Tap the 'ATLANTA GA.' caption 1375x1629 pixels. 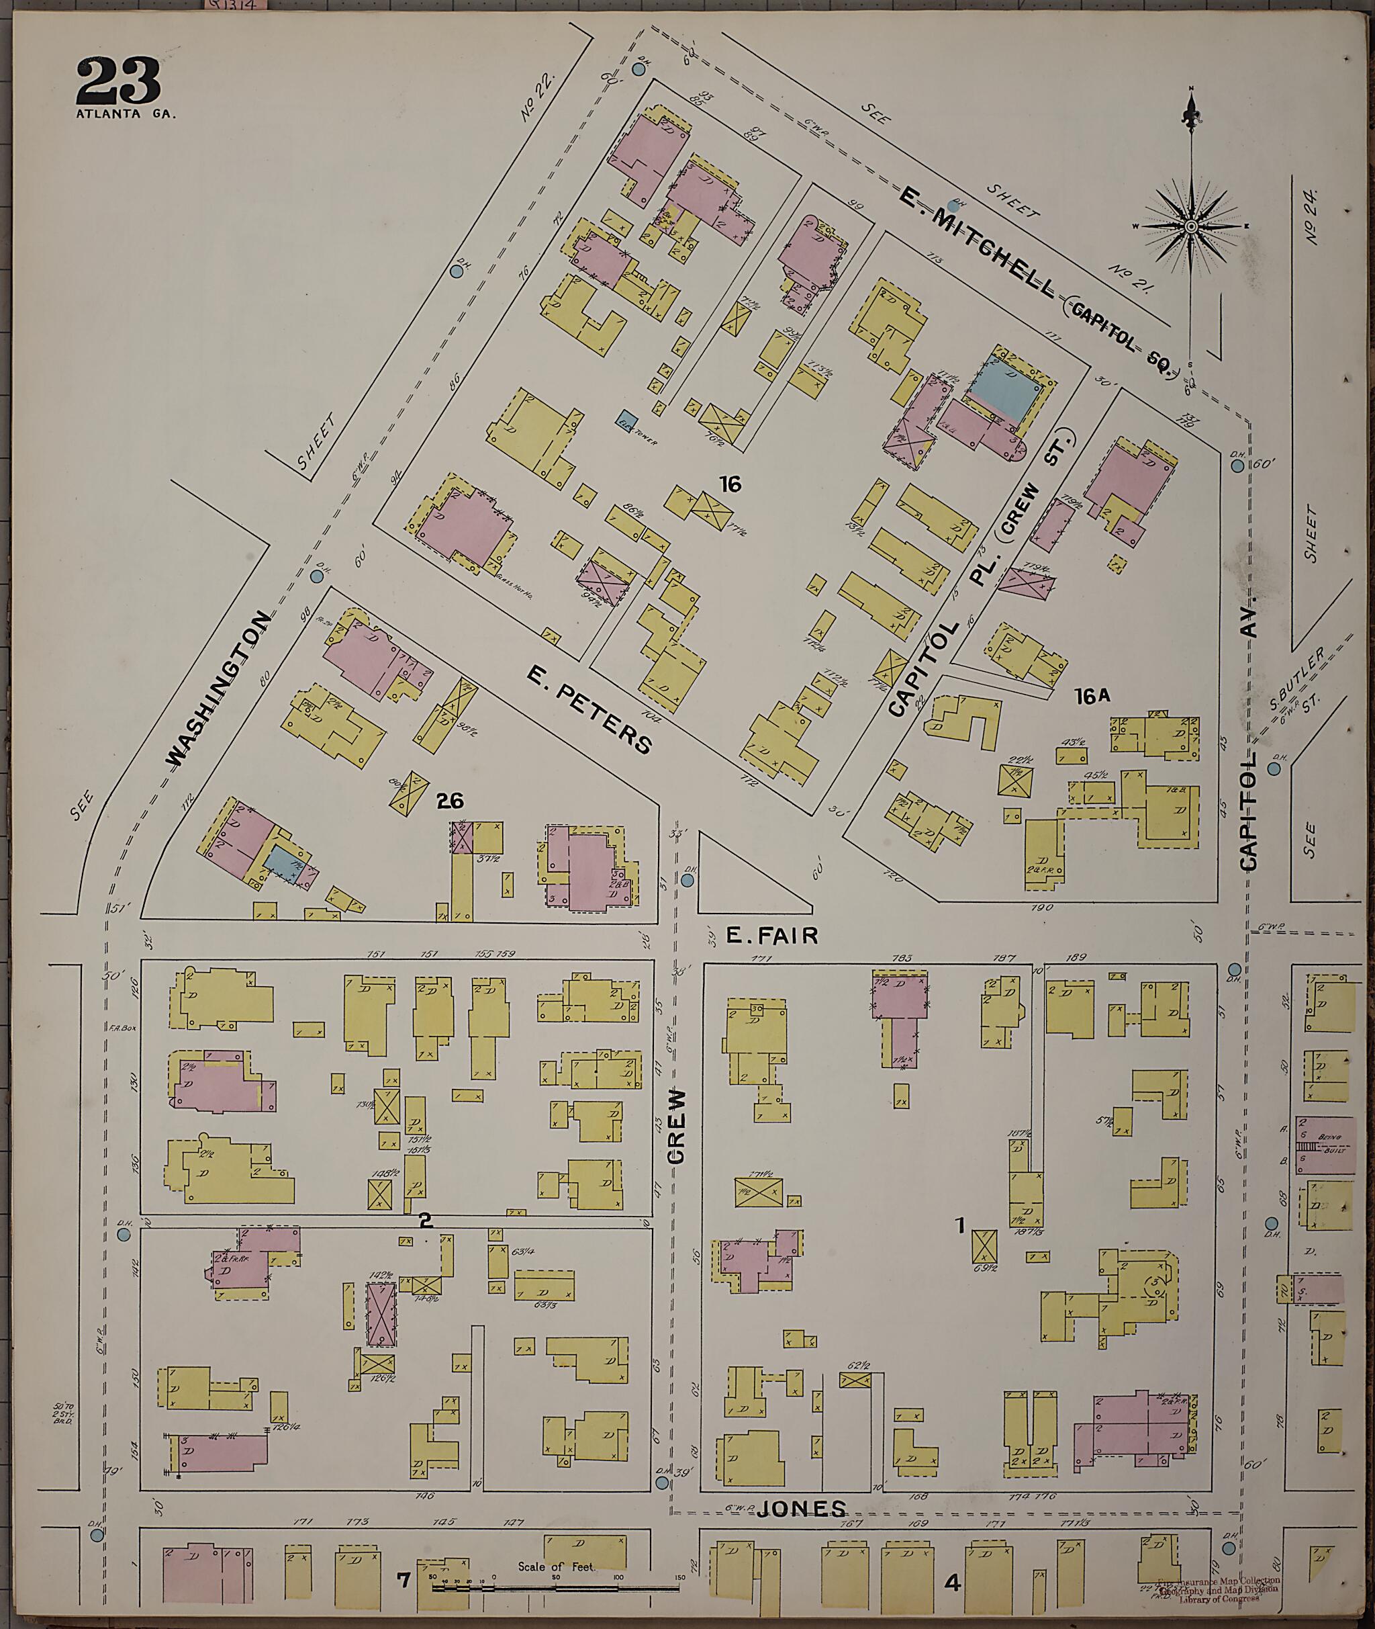pos(126,114)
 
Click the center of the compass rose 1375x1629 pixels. pos(1190,226)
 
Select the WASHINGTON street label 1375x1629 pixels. pos(221,689)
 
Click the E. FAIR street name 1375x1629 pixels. pos(771,936)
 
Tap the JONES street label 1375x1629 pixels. pos(810,1509)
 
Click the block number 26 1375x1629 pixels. pos(450,801)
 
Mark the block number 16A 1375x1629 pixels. pos(1091,698)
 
